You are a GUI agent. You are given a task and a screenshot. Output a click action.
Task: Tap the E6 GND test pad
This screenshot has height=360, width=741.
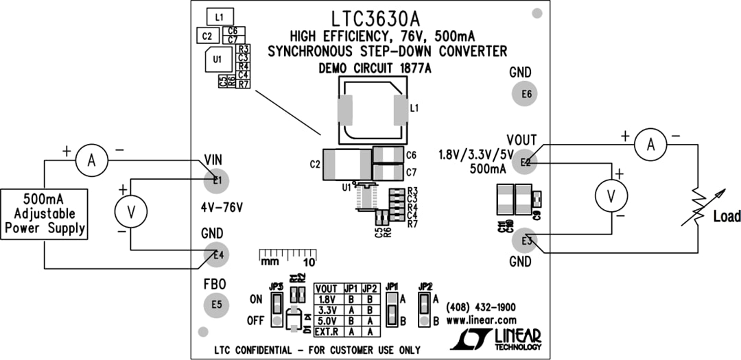(x=526, y=94)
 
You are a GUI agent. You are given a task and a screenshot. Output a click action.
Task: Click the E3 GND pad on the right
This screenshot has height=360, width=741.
(x=526, y=240)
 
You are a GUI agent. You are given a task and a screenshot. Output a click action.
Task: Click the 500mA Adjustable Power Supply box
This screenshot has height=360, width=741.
(x=44, y=213)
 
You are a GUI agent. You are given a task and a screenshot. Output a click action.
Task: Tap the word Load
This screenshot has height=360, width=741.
(x=727, y=217)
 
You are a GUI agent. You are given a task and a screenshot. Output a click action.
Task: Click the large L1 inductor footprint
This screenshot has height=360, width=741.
(x=373, y=110)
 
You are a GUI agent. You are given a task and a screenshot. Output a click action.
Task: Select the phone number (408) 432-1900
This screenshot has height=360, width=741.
(x=481, y=307)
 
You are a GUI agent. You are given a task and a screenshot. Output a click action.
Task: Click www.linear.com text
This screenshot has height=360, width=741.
(x=481, y=320)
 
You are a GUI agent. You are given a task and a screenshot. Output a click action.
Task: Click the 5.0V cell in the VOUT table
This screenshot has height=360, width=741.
(x=328, y=320)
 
